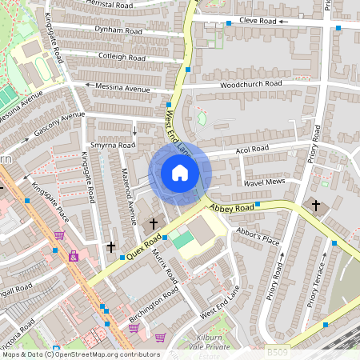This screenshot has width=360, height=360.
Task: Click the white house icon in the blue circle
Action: coord(180,172)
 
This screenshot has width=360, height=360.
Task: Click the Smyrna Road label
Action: coord(114,146)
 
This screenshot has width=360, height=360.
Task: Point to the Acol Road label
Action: coord(252,150)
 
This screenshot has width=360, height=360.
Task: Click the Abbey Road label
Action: coord(231,207)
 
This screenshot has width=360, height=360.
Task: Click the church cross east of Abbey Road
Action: coord(315,206)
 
